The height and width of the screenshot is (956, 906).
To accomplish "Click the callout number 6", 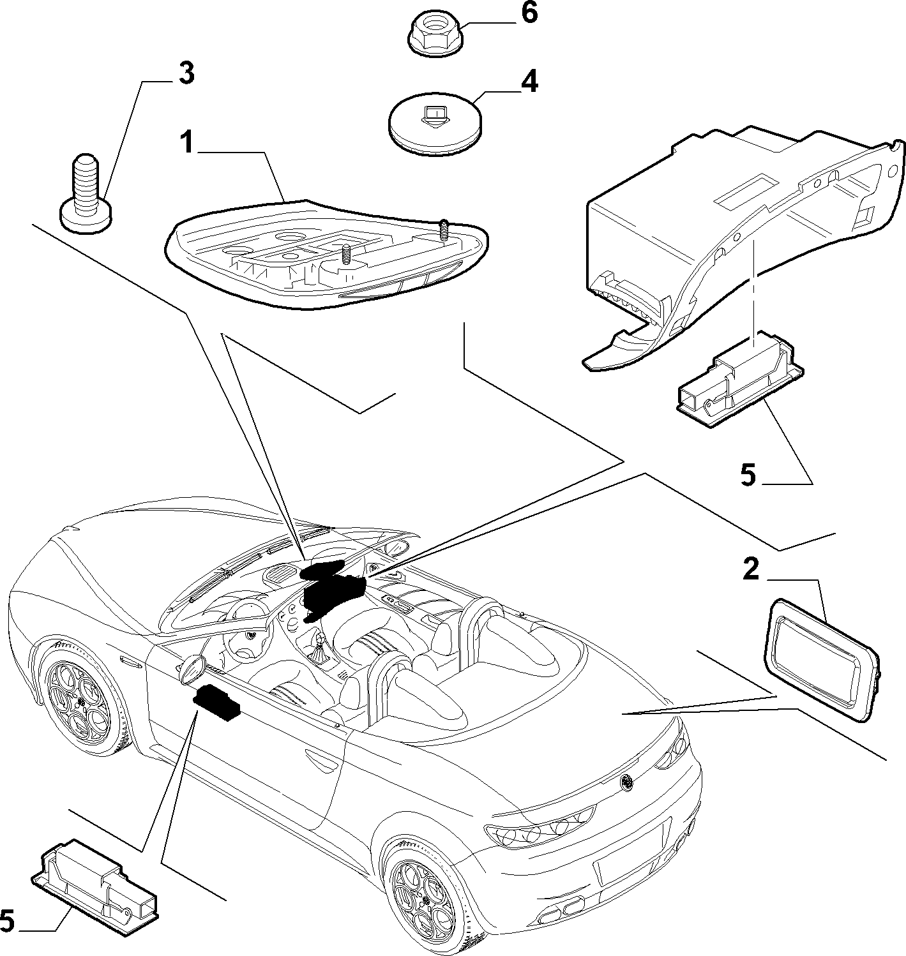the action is coord(529,13).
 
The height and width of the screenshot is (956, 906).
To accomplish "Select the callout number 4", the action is coord(529,81).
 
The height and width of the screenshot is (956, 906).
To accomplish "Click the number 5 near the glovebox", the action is coord(748,475).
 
